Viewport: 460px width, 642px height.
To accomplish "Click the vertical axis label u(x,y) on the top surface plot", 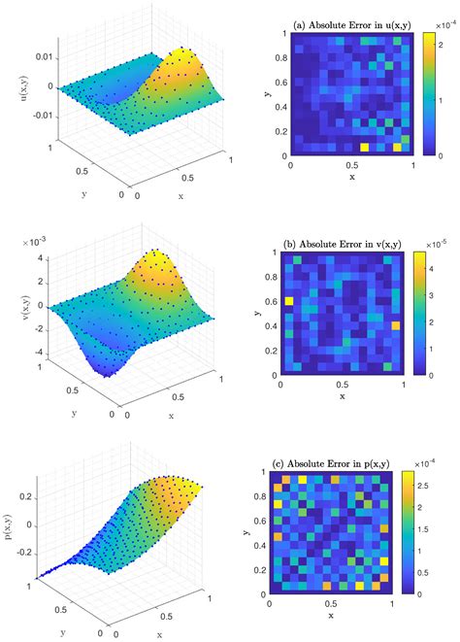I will tap(13, 85).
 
